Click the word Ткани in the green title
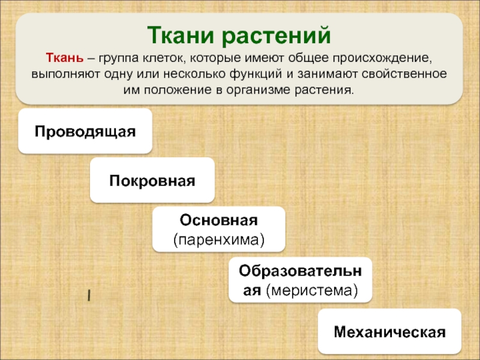(x=181, y=35)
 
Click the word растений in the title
(x=276, y=36)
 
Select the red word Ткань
(x=65, y=58)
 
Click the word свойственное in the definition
(x=404, y=74)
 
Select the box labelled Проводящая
(x=85, y=131)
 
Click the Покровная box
(x=152, y=180)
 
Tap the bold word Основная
(x=218, y=220)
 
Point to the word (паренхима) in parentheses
(x=218, y=239)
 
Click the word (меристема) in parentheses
(x=312, y=290)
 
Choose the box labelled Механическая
(x=389, y=331)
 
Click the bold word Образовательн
(x=301, y=271)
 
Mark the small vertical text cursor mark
(x=89, y=296)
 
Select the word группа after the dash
(x=118, y=58)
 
